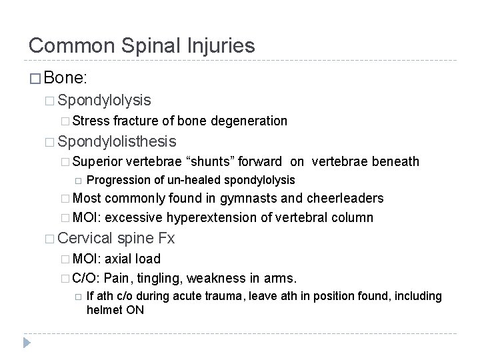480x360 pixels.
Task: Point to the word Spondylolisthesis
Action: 117,141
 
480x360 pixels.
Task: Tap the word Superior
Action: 93,161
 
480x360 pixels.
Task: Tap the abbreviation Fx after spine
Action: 166,239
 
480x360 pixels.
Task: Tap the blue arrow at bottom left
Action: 27,343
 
